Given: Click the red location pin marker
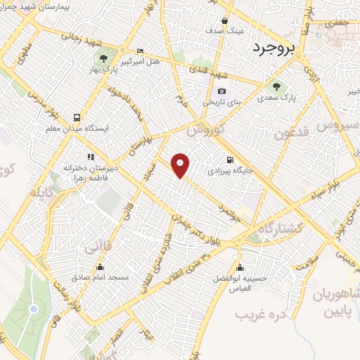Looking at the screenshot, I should [x=181, y=165].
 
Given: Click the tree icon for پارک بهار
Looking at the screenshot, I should [x=103, y=58].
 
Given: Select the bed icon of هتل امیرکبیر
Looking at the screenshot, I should [x=139, y=51].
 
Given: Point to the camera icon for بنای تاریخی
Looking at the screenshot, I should [x=222, y=91].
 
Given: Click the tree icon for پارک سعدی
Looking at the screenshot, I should [x=276, y=87].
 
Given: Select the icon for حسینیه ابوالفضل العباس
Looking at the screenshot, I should [x=241, y=267].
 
